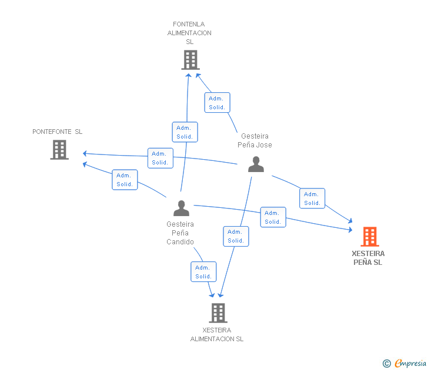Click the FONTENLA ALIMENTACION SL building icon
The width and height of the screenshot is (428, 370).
point(190,60)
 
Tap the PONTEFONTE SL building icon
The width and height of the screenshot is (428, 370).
point(59,150)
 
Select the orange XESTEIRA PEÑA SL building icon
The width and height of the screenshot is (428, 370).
point(369,237)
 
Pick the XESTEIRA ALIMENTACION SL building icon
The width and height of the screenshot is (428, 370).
point(218,313)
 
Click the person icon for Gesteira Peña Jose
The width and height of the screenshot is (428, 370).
point(256,164)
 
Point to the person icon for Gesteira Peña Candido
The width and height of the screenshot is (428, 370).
point(181,208)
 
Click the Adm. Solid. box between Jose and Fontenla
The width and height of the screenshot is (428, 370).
point(217,103)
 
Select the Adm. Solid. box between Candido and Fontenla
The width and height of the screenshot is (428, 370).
point(185,132)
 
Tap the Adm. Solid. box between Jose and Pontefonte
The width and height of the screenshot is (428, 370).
point(160,158)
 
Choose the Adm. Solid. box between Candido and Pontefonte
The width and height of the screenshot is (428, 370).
point(125,180)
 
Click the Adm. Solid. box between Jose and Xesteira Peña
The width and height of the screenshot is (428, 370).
point(312,199)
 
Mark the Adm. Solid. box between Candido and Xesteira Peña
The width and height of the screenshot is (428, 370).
point(273,217)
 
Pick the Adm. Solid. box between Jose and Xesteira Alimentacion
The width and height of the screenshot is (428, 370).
point(236,236)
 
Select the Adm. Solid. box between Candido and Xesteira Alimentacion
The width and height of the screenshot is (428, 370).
point(203,272)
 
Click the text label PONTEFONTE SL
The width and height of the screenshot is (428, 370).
point(58,132)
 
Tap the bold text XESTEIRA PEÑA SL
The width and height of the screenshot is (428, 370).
point(368,258)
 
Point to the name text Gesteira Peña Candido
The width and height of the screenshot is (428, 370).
point(180,233)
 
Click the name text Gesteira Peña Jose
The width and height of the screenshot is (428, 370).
point(255,140)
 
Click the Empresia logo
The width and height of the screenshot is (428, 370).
point(410,364)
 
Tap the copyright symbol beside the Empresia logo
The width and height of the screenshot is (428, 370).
point(386,364)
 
